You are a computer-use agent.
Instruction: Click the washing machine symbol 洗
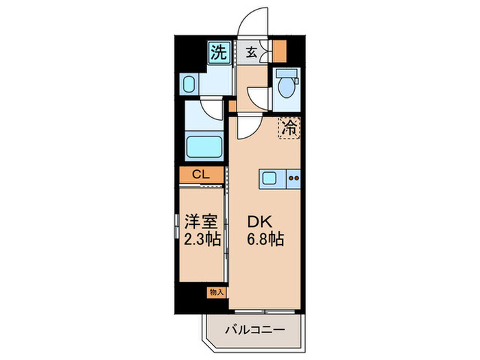tap(218, 52)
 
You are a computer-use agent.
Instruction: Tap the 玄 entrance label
tap(252, 52)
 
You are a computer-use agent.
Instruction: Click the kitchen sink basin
tap(269, 179)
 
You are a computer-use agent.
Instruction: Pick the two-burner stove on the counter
tap(293, 179)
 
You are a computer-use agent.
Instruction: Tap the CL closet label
tap(201, 175)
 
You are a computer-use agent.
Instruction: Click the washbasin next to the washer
tap(191, 85)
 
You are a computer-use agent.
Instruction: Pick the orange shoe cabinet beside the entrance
tap(279, 52)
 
